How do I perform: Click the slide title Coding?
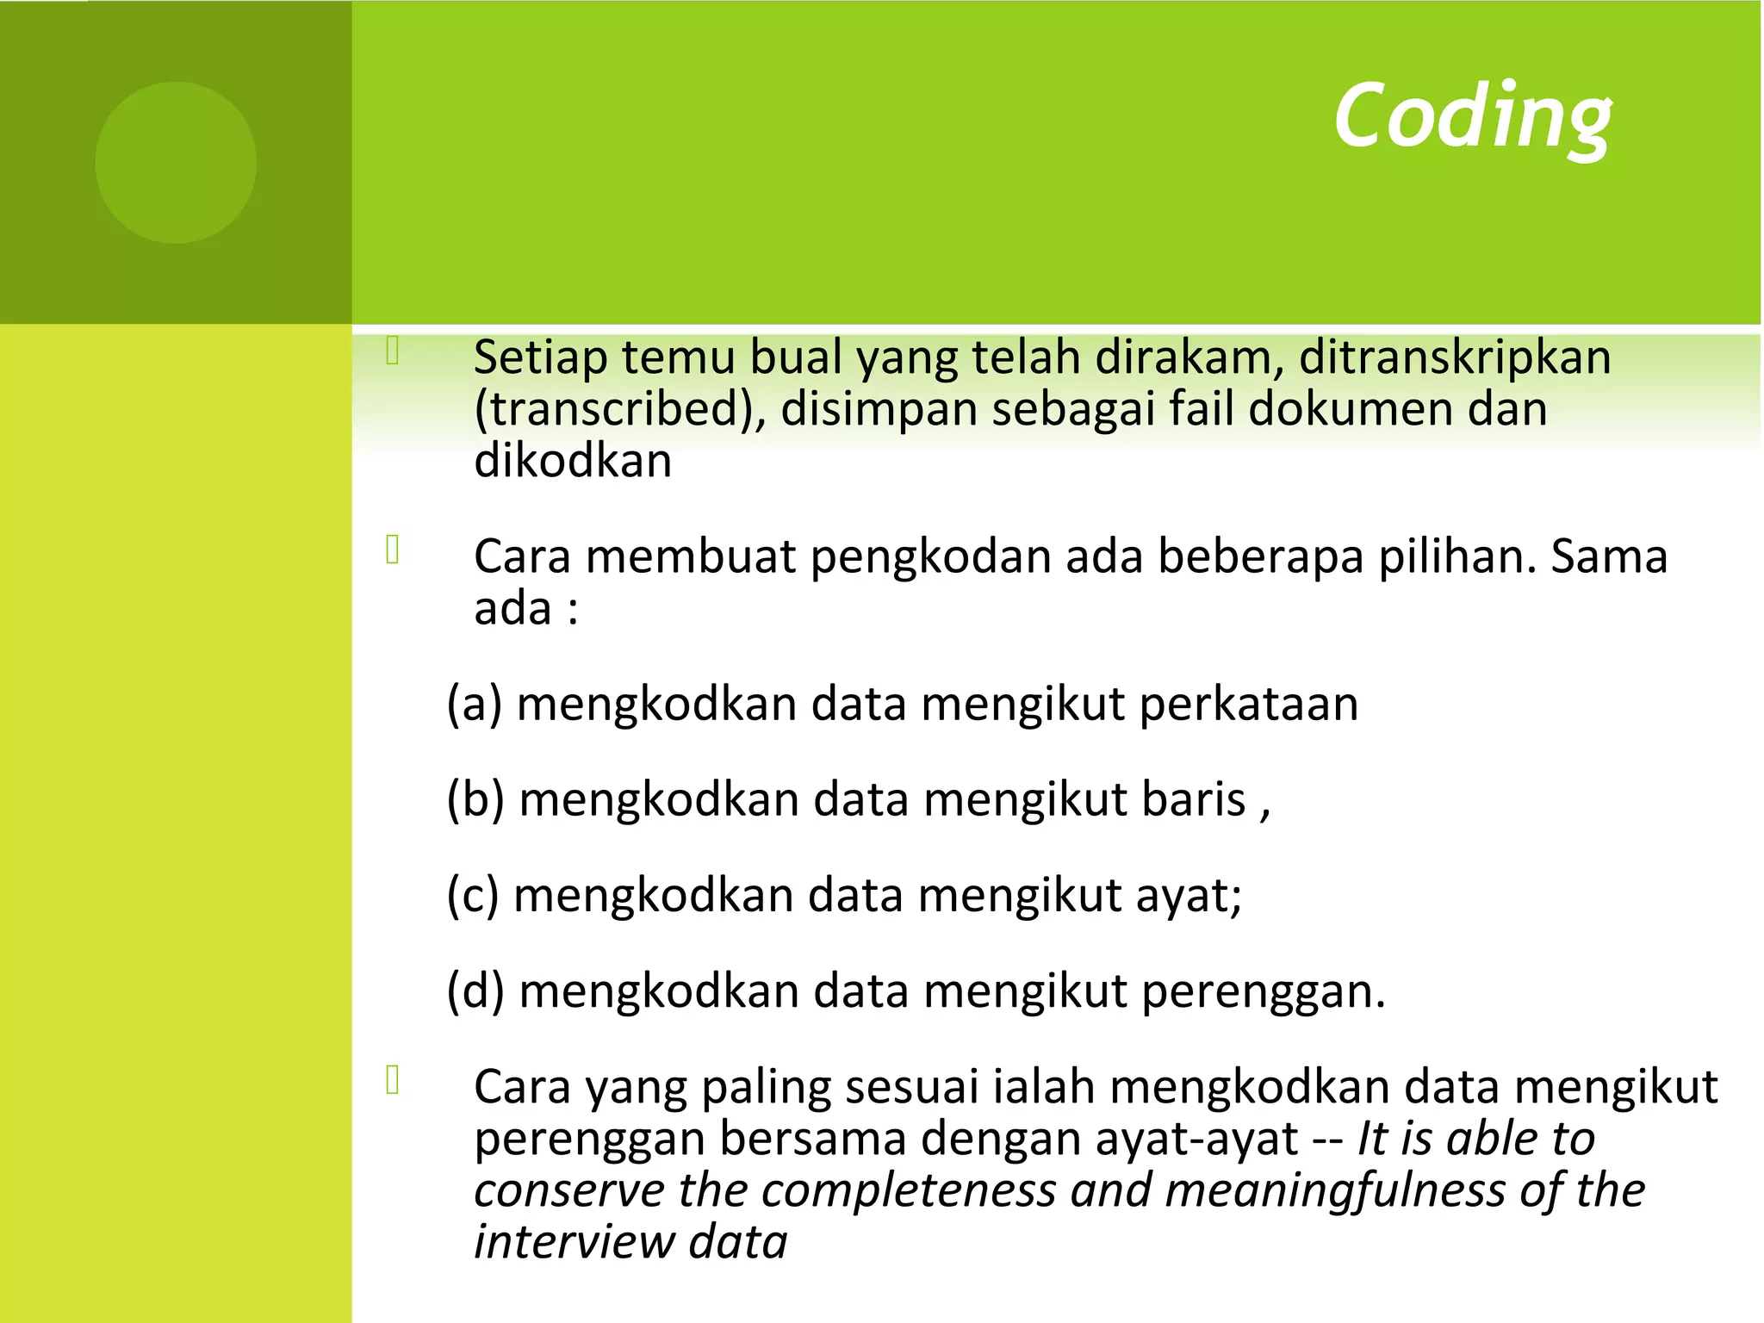[x=1472, y=116]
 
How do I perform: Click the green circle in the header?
[x=176, y=162]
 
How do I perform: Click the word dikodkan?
[x=573, y=462]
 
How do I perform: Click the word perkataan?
[x=1249, y=705]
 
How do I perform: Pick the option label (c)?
[x=473, y=896]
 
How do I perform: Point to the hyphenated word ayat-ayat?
[x=1196, y=1140]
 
